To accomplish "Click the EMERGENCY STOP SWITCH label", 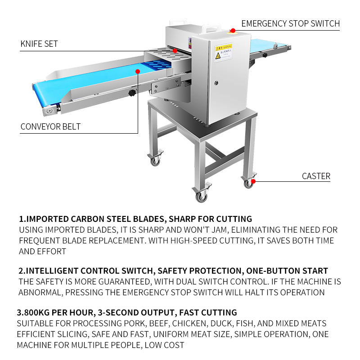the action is click(x=290, y=23).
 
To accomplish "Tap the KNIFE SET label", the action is click(x=39, y=44).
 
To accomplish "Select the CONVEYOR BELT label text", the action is click(x=50, y=127).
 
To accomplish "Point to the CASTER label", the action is click(x=316, y=176).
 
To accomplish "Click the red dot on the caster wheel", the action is click(x=253, y=181).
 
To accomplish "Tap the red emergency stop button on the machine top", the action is click(x=233, y=31).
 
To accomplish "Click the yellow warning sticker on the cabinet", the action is click(x=223, y=52).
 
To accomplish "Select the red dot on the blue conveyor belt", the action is click(x=138, y=71).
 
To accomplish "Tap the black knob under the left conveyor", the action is click(x=132, y=93).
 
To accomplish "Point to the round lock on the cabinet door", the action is click(x=216, y=83).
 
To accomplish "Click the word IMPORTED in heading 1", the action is click(x=47, y=220).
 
